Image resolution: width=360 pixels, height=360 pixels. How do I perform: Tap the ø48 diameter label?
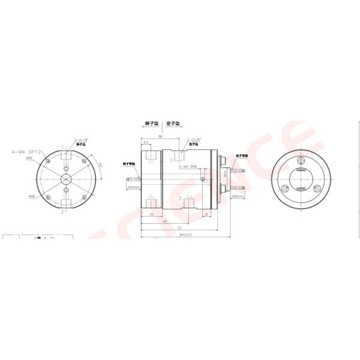coord(31,196)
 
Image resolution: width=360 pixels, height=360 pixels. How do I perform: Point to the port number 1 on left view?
coord(62,146)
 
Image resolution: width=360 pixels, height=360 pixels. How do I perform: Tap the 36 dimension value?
coord(160,136)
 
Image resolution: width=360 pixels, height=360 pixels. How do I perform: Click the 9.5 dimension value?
coord(146,143)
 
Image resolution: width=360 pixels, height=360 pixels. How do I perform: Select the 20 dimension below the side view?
coord(151,214)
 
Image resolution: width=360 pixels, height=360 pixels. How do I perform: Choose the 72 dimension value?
coord(178,228)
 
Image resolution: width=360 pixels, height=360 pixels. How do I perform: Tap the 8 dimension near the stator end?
coord(206,214)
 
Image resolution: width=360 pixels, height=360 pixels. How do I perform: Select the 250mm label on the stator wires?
coord(237,196)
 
